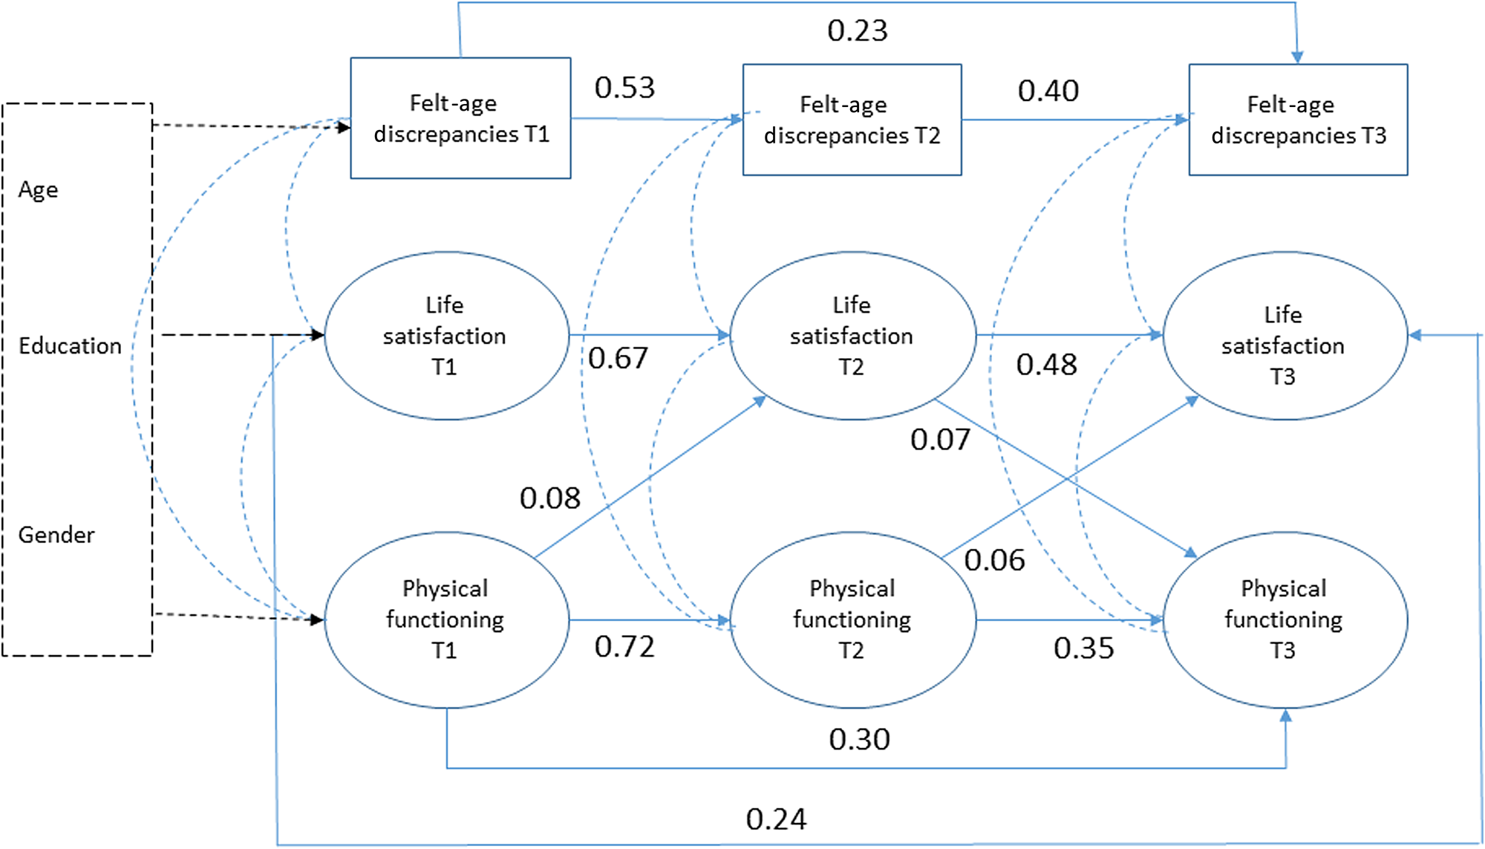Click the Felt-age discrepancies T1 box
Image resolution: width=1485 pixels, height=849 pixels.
(460, 118)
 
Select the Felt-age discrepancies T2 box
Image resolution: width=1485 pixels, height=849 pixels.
(852, 120)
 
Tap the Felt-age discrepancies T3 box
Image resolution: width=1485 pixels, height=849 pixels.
(1298, 120)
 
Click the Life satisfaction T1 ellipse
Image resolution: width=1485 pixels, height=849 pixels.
(446, 336)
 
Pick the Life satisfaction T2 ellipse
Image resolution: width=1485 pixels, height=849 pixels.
(852, 336)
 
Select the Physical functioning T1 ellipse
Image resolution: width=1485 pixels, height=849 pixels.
(446, 619)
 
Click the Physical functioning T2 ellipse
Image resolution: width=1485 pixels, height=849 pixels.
(852, 619)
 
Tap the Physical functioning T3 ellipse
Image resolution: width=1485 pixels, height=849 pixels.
(1284, 619)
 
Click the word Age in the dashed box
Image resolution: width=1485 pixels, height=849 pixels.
(39, 190)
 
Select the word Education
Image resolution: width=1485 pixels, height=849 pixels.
(70, 346)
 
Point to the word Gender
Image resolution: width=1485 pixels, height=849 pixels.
(56, 535)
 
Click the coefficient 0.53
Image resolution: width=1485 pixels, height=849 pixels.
(624, 88)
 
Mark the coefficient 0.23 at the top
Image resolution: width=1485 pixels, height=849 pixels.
(858, 30)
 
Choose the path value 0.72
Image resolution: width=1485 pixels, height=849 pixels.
(624, 647)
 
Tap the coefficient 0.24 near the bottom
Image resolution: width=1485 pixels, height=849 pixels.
(776, 819)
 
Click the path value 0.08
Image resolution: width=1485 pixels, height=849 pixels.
(549, 498)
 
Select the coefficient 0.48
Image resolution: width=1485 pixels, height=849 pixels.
(1046, 365)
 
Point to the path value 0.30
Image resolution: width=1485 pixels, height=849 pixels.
(859, 740)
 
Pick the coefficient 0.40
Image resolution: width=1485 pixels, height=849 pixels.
(1048, 91)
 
